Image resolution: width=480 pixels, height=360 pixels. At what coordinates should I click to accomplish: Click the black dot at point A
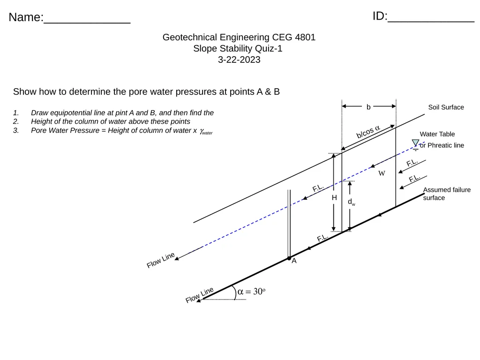[289, 258]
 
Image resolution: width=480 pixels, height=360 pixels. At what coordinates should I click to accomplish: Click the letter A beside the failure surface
[294, 261]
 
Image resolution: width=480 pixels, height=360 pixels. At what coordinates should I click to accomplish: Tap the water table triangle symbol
[415, 143]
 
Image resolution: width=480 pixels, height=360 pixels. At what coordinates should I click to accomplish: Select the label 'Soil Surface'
[446, 107]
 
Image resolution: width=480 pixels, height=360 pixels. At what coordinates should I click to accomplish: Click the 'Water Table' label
[437, 134]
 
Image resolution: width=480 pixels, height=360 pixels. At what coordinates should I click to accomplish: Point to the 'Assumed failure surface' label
[447, 194]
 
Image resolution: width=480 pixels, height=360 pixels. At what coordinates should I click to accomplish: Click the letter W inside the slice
[382, 173]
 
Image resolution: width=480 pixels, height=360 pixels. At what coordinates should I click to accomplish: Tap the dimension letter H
[334, 198]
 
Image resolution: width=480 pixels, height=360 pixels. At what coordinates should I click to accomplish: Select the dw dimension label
[352, 202]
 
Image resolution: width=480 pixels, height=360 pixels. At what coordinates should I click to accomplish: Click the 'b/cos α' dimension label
[368, 132]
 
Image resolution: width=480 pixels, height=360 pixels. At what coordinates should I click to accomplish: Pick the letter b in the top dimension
[368, 107]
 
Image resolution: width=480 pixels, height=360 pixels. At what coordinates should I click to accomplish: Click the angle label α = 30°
[251, 292]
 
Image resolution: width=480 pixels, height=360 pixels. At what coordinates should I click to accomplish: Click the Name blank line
[87, 22]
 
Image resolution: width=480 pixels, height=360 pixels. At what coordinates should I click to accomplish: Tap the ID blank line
[431, 22]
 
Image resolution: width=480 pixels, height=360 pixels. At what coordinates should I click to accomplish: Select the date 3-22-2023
[239, 60]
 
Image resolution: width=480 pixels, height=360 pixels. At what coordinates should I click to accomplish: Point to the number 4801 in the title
[305, 37]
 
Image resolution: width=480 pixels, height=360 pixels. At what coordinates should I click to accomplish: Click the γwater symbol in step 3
[206, 131]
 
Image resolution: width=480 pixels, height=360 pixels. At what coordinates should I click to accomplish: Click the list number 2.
[16, 121]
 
